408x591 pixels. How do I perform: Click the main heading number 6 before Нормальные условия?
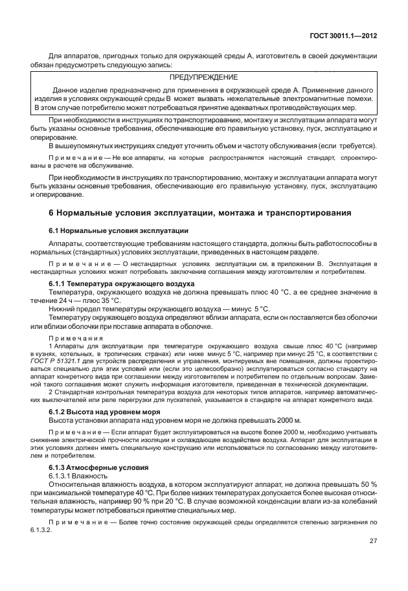52,212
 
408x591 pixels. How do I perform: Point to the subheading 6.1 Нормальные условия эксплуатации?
119,230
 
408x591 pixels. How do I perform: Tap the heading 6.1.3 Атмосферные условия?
99,467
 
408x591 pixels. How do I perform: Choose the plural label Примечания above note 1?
76,337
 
